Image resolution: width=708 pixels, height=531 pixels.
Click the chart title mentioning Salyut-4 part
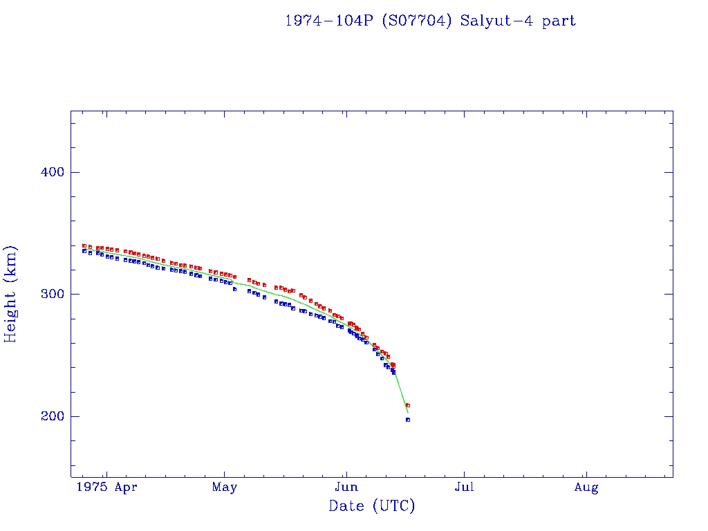click(430, 21)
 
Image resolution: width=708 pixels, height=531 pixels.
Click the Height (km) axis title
click(11, 294)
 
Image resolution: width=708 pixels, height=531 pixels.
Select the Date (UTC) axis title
click(372, 506)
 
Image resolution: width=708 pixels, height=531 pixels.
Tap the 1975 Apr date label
click(106, 487)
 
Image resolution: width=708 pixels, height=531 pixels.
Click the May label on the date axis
click(225, 487)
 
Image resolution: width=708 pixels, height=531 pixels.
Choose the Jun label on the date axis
click(346, 487)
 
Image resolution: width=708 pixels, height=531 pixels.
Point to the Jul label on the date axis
click(465, 487)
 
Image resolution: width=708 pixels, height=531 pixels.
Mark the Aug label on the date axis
click(586, 487)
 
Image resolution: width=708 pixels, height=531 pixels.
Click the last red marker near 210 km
click(408, 405)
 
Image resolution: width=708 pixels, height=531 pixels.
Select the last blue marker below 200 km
click(408, 420)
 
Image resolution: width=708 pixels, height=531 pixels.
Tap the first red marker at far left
click(84, 245)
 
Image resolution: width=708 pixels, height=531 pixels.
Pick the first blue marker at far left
click(84, 251)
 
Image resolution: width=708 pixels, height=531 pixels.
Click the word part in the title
click(559, 21)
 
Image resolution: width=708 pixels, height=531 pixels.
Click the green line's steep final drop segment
click(402, 395)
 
